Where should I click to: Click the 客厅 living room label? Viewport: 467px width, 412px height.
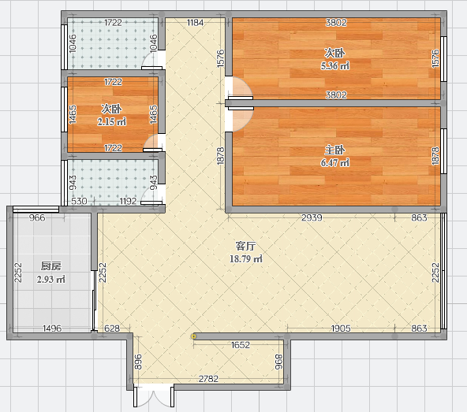(245, 246)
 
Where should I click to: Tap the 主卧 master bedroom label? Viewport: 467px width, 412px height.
(334, 150)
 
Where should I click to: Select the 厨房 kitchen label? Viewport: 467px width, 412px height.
(51, 266)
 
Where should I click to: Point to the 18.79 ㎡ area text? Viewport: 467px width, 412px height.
(245, 259)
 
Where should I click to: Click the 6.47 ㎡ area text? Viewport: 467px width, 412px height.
(334, 163)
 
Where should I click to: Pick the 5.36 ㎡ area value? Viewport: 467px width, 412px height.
(334, 65)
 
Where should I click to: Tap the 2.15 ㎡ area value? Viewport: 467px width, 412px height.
(111, 121)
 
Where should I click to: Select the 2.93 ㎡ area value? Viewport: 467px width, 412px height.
(51, 280)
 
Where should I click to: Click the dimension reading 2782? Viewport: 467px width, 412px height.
(208, 379)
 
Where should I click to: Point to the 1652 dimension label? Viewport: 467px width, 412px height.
(241, 345)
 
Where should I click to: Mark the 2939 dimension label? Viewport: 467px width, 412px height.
(312, 217)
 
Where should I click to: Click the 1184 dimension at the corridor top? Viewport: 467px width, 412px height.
(195, 23)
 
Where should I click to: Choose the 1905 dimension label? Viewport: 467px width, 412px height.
(341, 328)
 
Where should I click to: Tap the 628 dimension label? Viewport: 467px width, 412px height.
(112, 328)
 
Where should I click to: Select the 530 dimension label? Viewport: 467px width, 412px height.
(79, 202)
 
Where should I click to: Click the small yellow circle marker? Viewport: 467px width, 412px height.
(193, 336)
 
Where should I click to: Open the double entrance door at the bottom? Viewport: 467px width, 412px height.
(154, 396)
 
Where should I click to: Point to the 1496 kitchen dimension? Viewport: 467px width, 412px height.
(52, 328)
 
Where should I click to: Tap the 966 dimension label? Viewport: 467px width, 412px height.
(37, 217)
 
